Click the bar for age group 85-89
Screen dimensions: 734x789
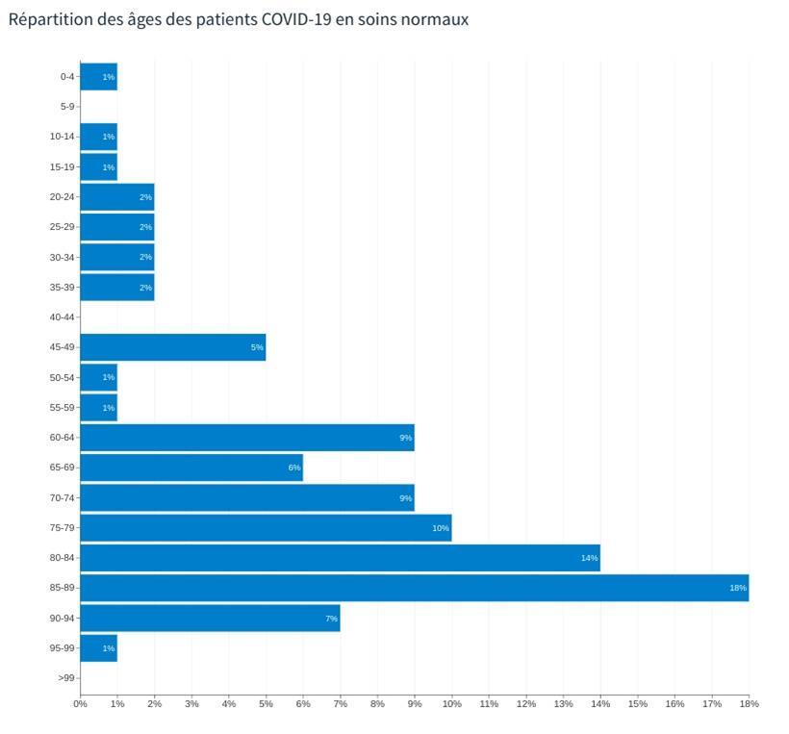414,588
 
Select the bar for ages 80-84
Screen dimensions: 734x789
340,558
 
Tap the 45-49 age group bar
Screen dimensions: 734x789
172,347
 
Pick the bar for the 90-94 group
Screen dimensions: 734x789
210,618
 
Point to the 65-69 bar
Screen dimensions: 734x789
191,468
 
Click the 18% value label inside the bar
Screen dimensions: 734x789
737,588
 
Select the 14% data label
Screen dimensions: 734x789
589,558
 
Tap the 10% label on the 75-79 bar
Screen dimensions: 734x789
440,528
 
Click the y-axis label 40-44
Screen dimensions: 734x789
62,317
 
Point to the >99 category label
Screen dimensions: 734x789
65,678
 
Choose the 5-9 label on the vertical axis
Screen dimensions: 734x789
66,107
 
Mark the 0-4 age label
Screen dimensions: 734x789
66,77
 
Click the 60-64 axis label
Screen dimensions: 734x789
62,438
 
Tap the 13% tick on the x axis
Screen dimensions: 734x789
563,704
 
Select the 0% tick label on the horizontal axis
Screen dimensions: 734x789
80,704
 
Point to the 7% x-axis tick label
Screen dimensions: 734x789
340,704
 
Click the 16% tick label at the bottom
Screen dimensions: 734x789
674,704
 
